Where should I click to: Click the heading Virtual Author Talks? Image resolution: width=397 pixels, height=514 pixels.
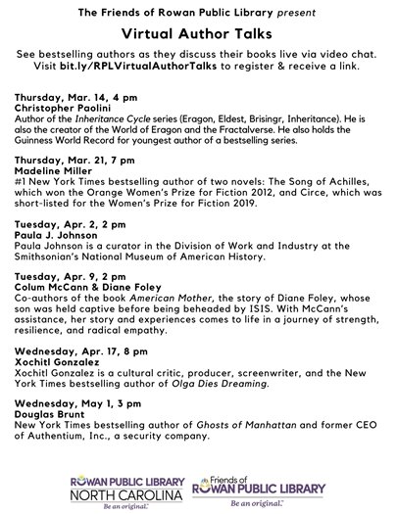[x=198, y=31]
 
